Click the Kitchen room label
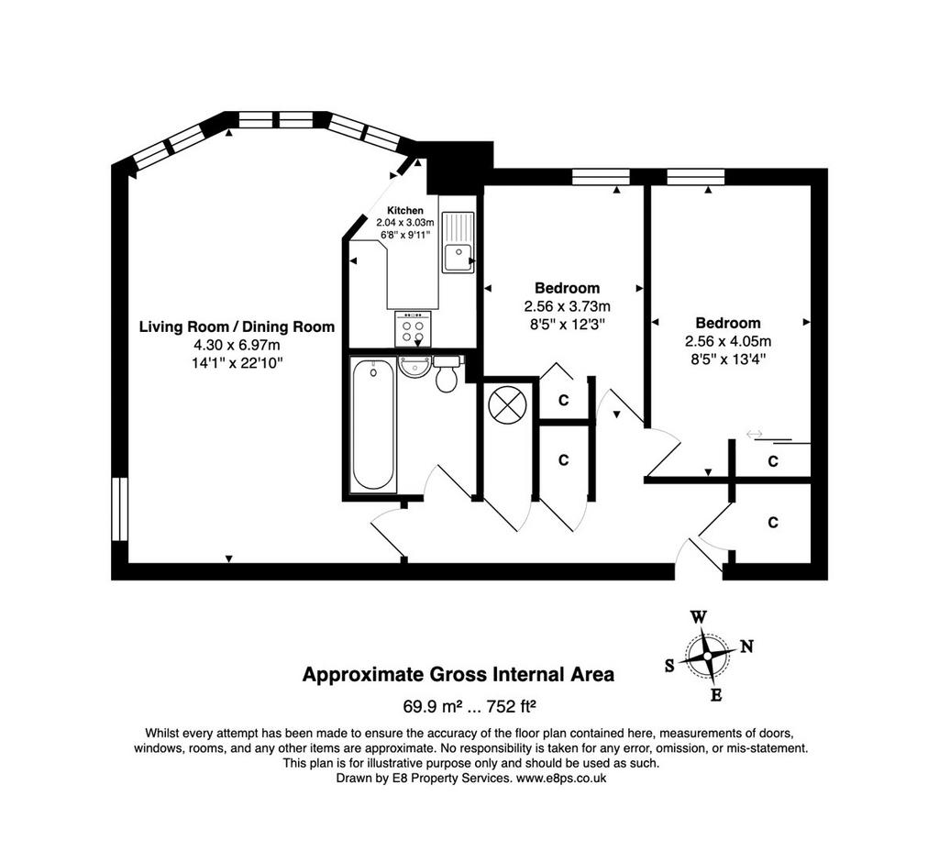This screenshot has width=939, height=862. (x=405, y=210)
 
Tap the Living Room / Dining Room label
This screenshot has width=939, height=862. (x=238, y=327)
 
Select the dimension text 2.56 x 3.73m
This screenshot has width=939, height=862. (x=567, y=306)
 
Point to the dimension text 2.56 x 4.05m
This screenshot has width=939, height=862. (x=728, y=341)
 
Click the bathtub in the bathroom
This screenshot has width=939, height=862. (x=373, y=424)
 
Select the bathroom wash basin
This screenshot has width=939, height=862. (x=414, y=366)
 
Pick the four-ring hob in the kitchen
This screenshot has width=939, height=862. (x=414, y=329)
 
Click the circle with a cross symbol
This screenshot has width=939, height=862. (x=508, y=405)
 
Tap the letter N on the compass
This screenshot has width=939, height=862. (x=746, y=646)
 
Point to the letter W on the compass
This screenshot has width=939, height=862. (x=699, y=617)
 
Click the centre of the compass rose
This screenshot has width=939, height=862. (x=708, y=657)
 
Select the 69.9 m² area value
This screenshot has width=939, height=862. (x=433, y=706)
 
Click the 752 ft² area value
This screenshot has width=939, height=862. (x=511, y=706)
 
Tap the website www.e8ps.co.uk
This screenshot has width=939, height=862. (x=561, y=779)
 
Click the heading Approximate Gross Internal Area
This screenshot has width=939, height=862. (x=458, y=675)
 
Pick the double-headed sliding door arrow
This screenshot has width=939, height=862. (x=755, y=433)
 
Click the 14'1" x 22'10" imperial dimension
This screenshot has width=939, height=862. (x=238, y=362)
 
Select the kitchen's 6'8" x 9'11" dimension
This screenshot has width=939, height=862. (x=405, y=235)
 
